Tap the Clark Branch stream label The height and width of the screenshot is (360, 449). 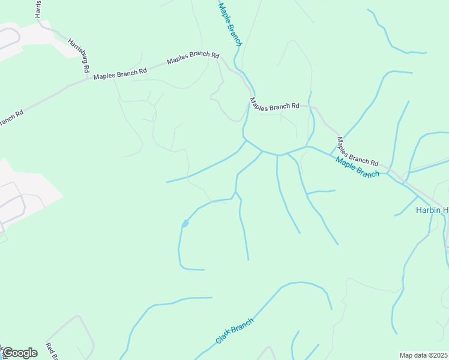pyautogui.click(x=234, y=331)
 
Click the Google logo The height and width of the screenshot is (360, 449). pyautogui.click(x=19, y=353)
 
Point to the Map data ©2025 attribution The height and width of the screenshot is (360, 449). pyautogui.click(x=424, y=355)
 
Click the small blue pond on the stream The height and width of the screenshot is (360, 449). pyautogui.click(x=185, y=224)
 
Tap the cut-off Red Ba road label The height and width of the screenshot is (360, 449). pyautogui.click(x=51, y=352)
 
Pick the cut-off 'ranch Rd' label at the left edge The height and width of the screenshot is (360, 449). pyautogui.click(x=11, y=118)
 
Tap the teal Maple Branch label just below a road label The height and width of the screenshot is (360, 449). pyautogui.click(x=358, y=167)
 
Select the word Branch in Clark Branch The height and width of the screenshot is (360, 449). pyautogui.click(x=243, y=325)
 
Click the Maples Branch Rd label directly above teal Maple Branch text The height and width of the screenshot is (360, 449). pyautogui.click(x=357, y=152)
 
